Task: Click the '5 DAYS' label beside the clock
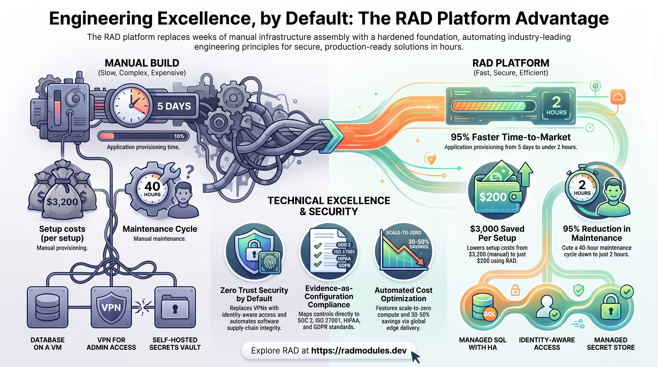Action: click(x=174, y=106)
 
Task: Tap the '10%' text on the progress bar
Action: click(x=179, y=136)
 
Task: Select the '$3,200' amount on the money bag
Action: click(x=62, y=202)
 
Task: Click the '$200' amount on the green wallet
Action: click(x=493, y=197)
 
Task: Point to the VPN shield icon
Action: click(x=111, y=308)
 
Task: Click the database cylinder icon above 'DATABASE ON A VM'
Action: click(x=48, y=307)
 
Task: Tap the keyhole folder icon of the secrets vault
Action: click(x=175, y=307)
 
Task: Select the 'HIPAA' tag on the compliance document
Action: click(x=344, y=259)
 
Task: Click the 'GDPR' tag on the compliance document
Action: click(x=344, y=265)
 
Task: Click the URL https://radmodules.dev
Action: click(x=359, y=351)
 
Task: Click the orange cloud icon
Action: click(x=618, y=97)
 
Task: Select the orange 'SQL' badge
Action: click(x=489, y=314)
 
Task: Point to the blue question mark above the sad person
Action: click(x=190, y=172)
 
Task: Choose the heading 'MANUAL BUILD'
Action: click(x=142, y=63)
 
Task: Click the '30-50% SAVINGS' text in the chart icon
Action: click(x=418, y=244)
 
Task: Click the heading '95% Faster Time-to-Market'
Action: click(x=511, y=137)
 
